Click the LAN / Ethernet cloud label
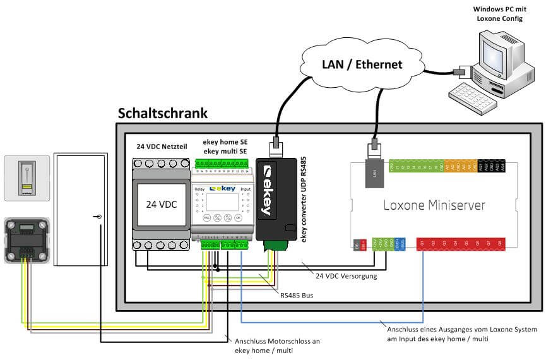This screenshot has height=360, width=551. tap(362, 64)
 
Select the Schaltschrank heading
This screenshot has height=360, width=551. tap(163, 113)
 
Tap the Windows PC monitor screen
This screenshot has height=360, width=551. tap(498, 51)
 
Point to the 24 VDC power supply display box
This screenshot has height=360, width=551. tap(160, 206)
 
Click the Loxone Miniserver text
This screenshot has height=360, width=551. tap(435, 206)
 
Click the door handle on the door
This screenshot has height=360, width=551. tap(100, 217)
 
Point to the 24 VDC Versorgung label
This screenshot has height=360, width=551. tap(346, 275)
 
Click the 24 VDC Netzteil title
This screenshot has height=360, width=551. tap(160, 145)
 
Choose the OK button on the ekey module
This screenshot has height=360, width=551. tap(239, 218)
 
